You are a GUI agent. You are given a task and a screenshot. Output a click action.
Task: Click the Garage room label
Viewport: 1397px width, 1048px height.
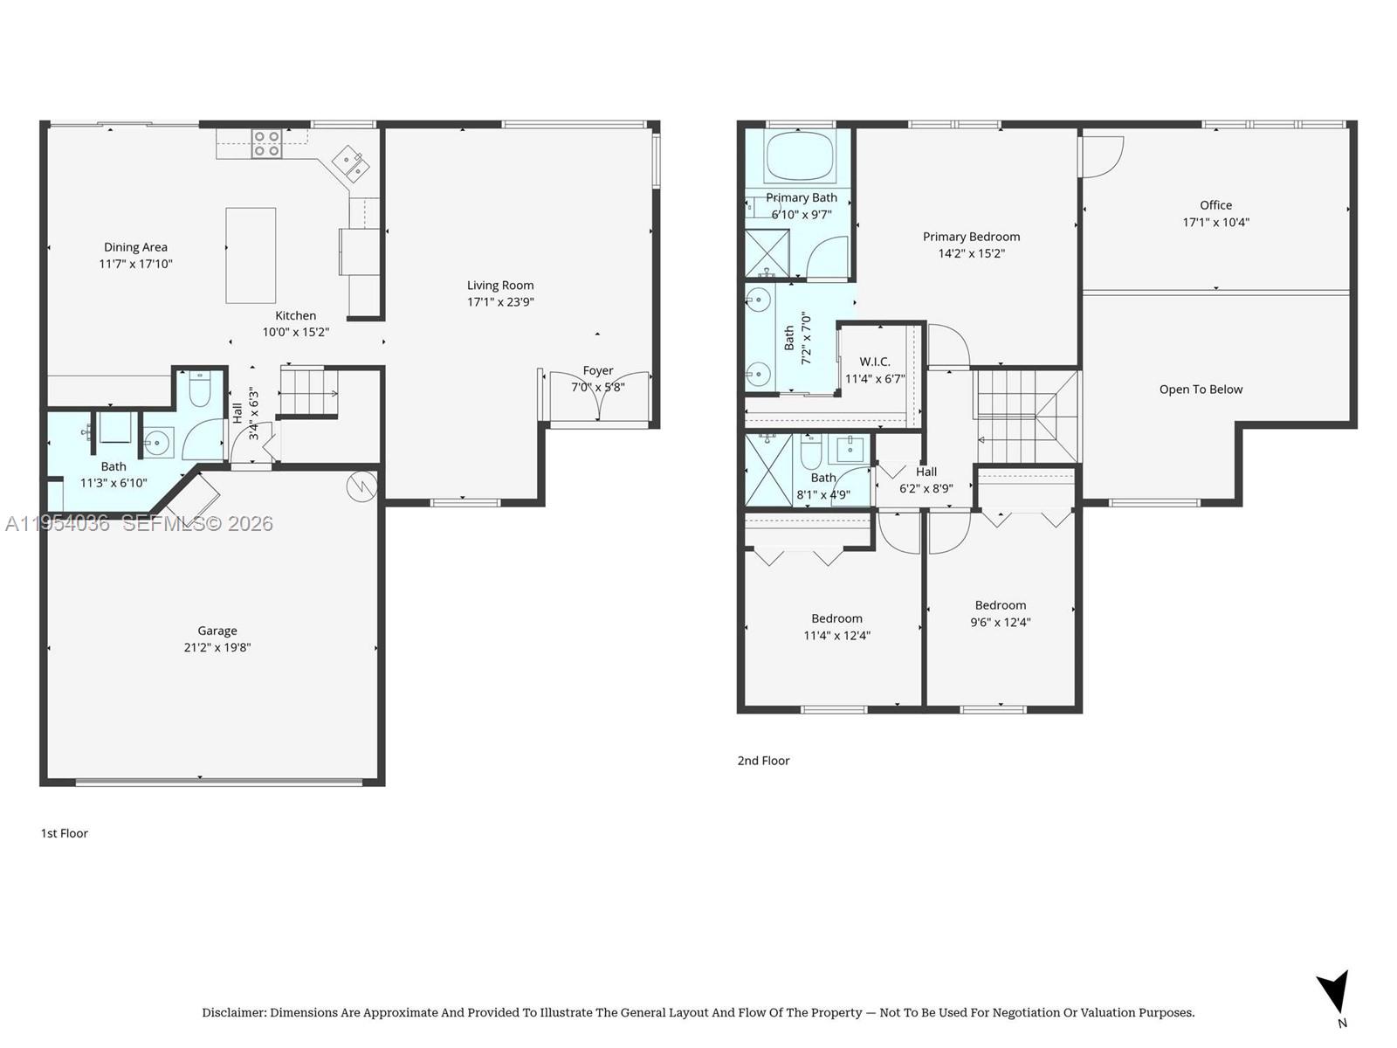point(217,631)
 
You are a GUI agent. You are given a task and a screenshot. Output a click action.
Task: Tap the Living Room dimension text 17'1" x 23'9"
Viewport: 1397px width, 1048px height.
point(500,302)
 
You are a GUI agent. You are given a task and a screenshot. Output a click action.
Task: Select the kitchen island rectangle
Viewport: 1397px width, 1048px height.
point(251,255)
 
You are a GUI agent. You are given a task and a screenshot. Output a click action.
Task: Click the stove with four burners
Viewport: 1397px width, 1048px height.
point(266,144)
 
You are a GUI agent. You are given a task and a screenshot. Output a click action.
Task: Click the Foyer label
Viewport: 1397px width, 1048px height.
point(598,370)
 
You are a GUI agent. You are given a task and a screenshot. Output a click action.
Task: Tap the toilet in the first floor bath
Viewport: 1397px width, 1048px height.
point(200,390)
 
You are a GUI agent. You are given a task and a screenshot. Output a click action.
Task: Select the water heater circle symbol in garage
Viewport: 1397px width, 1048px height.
point(361,486)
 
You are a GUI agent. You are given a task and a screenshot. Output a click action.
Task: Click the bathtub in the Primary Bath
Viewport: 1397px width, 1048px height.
point(801,157)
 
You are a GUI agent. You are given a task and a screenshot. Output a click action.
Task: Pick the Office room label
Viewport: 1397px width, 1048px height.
point(1215,205)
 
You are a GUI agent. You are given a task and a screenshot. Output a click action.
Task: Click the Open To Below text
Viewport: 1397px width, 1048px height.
point(1201,390)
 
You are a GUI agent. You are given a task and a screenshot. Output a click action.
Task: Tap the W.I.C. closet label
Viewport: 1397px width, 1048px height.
point(874,362)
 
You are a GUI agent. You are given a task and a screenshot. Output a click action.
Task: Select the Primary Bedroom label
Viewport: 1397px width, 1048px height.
point(971,237)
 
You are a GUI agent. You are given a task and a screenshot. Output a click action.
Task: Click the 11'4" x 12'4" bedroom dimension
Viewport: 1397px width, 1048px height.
point(836,636)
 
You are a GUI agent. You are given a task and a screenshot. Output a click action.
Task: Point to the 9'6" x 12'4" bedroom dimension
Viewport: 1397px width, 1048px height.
point(1001,623)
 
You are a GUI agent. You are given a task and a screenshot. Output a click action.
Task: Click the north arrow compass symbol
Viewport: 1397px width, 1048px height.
point(1335,994)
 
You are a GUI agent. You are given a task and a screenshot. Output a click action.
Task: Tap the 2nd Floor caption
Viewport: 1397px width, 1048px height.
point(763,761)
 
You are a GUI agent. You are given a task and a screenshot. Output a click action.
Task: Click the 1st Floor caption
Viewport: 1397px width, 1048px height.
point(65,833)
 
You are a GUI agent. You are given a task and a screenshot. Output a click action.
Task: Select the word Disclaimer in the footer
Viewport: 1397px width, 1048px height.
point(233,1013)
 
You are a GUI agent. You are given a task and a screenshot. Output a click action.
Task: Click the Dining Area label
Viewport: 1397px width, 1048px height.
point(135,247)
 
